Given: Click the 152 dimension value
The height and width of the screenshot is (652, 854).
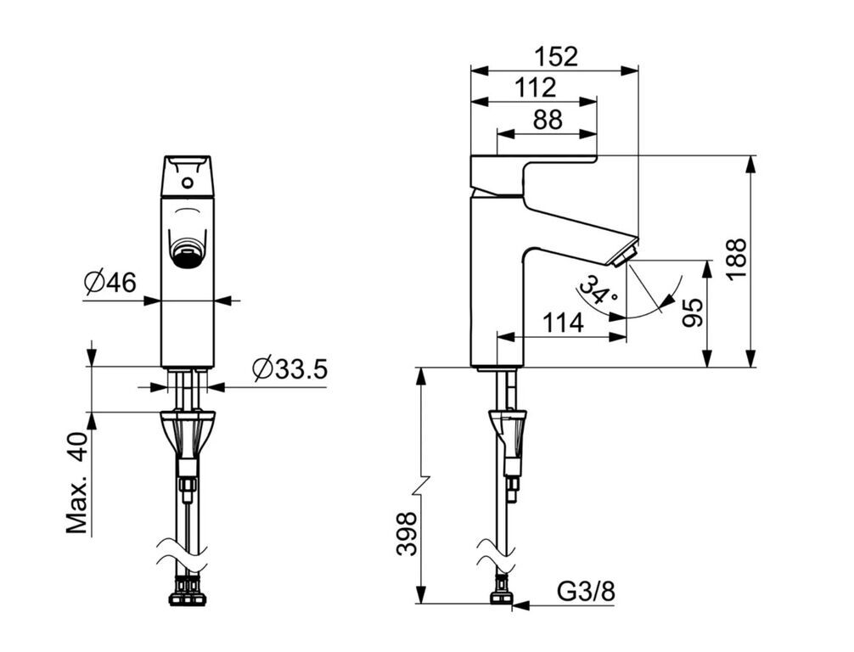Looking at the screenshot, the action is point(555,56).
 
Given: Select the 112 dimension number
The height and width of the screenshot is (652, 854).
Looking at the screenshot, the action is point(536,87).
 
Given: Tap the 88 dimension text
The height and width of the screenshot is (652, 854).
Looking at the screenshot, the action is point(548,120).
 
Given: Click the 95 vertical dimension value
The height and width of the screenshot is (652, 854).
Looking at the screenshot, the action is point(693,312).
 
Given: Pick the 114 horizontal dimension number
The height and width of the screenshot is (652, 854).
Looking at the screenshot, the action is point(563,323).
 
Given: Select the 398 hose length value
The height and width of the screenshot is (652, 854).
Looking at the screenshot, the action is point(407,534).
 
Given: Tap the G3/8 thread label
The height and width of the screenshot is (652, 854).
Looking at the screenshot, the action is point(586,591).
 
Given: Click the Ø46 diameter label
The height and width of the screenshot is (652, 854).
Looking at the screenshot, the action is point(110,282).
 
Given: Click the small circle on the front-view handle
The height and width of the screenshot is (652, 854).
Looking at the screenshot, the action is point(188,183).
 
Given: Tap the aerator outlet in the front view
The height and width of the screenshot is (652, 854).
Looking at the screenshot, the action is point(188,255).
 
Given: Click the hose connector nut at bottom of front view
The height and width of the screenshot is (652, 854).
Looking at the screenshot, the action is point(188,592).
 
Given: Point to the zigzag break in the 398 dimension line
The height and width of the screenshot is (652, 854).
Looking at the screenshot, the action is point(420,485).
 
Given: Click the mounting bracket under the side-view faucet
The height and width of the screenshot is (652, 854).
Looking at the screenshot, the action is point(508,430).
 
